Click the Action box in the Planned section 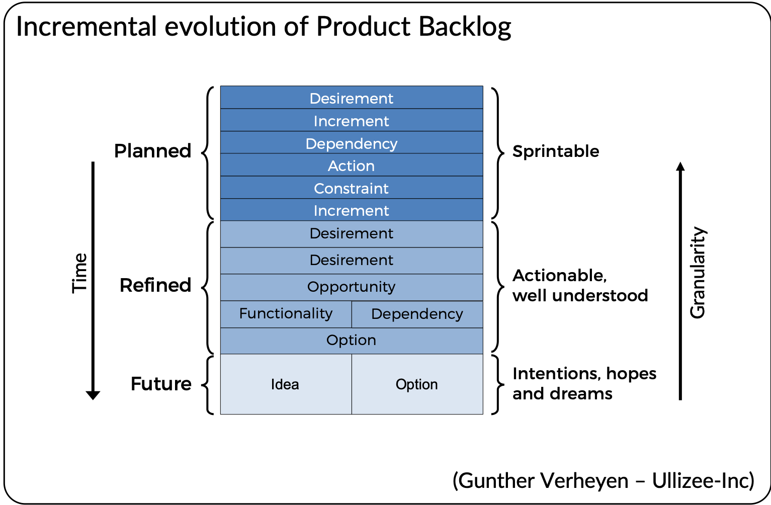tap(352, 165)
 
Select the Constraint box tap(352, 188)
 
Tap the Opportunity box tap(352, 287)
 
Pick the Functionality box tap(286, 314)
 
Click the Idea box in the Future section tap(286, 384)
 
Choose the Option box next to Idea tap(417, 384)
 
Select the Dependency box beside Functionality tap(417, 314)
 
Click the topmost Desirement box tap(352, 98)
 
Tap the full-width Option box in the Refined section tap(352, 340)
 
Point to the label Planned tap(153, 151)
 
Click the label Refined tap(155, 285)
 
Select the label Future tap(161, 384)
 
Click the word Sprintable tap(556, 151)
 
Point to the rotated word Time tap(80, 273)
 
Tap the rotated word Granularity tap(698, 273)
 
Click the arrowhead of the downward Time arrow tap(93, 395)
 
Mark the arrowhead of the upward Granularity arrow tap(680, 166)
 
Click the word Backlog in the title tap(465, 27)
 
